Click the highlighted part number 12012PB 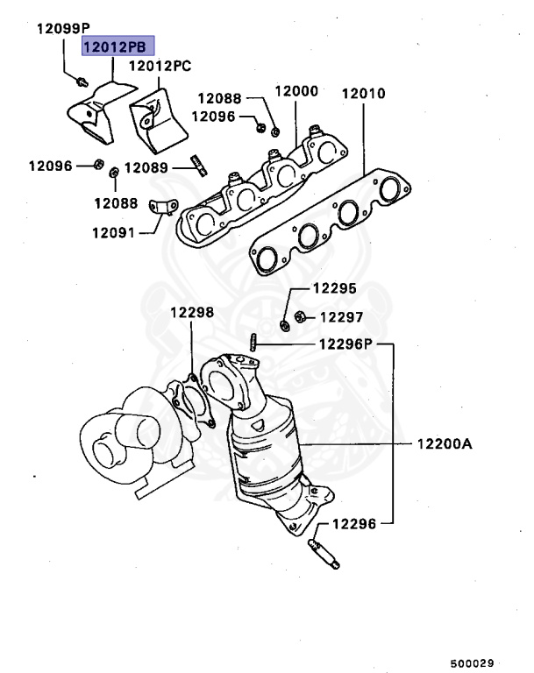(117, 46)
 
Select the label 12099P (64, 29)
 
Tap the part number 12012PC (160, 66)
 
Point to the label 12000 (295, 91)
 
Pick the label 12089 (151, 166)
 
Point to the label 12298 (191, 312)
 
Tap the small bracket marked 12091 (160, 208)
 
